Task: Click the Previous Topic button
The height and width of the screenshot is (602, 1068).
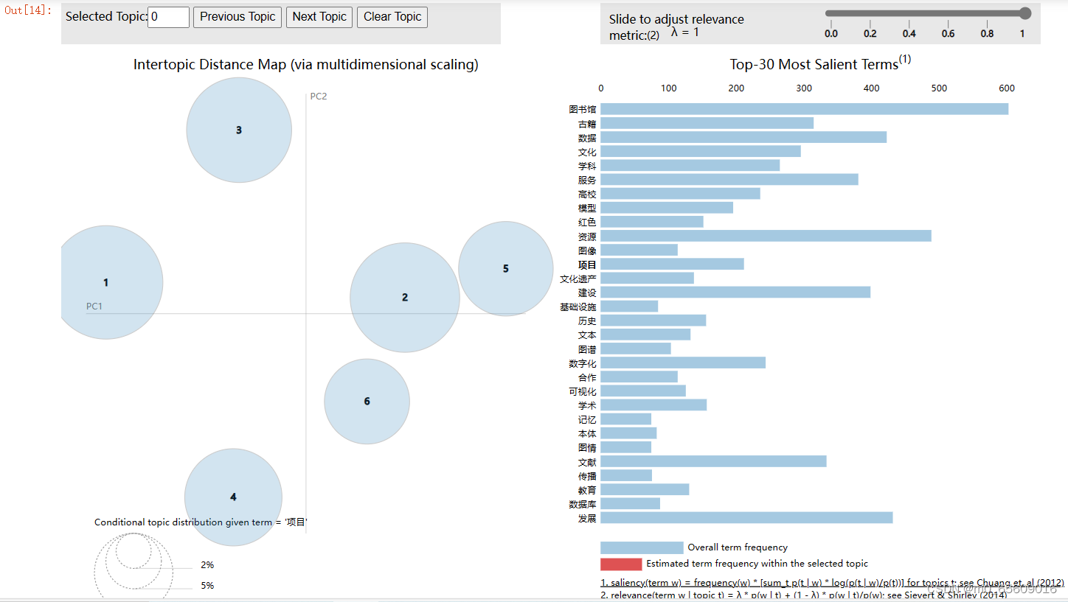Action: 237,17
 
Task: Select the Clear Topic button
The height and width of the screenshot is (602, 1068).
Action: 392,17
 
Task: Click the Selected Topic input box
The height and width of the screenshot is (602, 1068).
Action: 168,17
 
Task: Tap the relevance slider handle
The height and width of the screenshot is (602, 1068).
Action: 1024,13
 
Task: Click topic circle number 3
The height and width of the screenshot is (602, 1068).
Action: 239,130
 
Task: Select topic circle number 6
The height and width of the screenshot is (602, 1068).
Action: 367,402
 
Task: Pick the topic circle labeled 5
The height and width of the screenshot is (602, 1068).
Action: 505,269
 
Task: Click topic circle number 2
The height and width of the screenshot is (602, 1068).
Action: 404,298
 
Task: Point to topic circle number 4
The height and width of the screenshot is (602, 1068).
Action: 233,497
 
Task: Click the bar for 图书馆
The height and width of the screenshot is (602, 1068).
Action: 804,109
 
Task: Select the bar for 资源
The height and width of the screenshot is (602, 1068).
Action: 766,237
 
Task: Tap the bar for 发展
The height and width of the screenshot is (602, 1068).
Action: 746,518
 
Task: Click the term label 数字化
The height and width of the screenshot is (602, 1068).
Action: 583,363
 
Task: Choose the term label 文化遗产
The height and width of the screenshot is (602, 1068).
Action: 578,279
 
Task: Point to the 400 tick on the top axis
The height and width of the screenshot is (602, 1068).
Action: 872,88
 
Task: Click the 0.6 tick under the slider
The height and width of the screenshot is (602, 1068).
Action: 948,33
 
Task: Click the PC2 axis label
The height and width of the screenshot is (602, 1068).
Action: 318,97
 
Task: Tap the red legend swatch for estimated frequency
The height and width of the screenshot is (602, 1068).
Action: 621,564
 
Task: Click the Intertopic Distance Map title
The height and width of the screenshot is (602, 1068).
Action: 305,65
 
